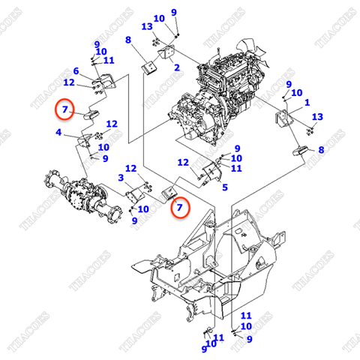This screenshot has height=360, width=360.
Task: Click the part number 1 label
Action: tap(306, 101)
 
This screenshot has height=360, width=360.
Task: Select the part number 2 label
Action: tap(177, 67)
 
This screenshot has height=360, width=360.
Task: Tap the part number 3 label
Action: tap(120, 178)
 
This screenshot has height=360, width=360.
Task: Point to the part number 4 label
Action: tap(58, 133)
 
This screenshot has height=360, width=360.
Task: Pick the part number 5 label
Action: tap(224, 187)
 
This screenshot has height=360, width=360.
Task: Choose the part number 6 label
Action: tap(76, 71)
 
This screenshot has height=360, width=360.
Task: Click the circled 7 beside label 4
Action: tap(66, 109)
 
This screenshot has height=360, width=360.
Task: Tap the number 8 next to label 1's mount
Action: tap(321, 150)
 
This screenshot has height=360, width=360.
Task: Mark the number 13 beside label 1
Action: tap(317, 116)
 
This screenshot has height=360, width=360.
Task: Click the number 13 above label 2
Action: tap(147, 26)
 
